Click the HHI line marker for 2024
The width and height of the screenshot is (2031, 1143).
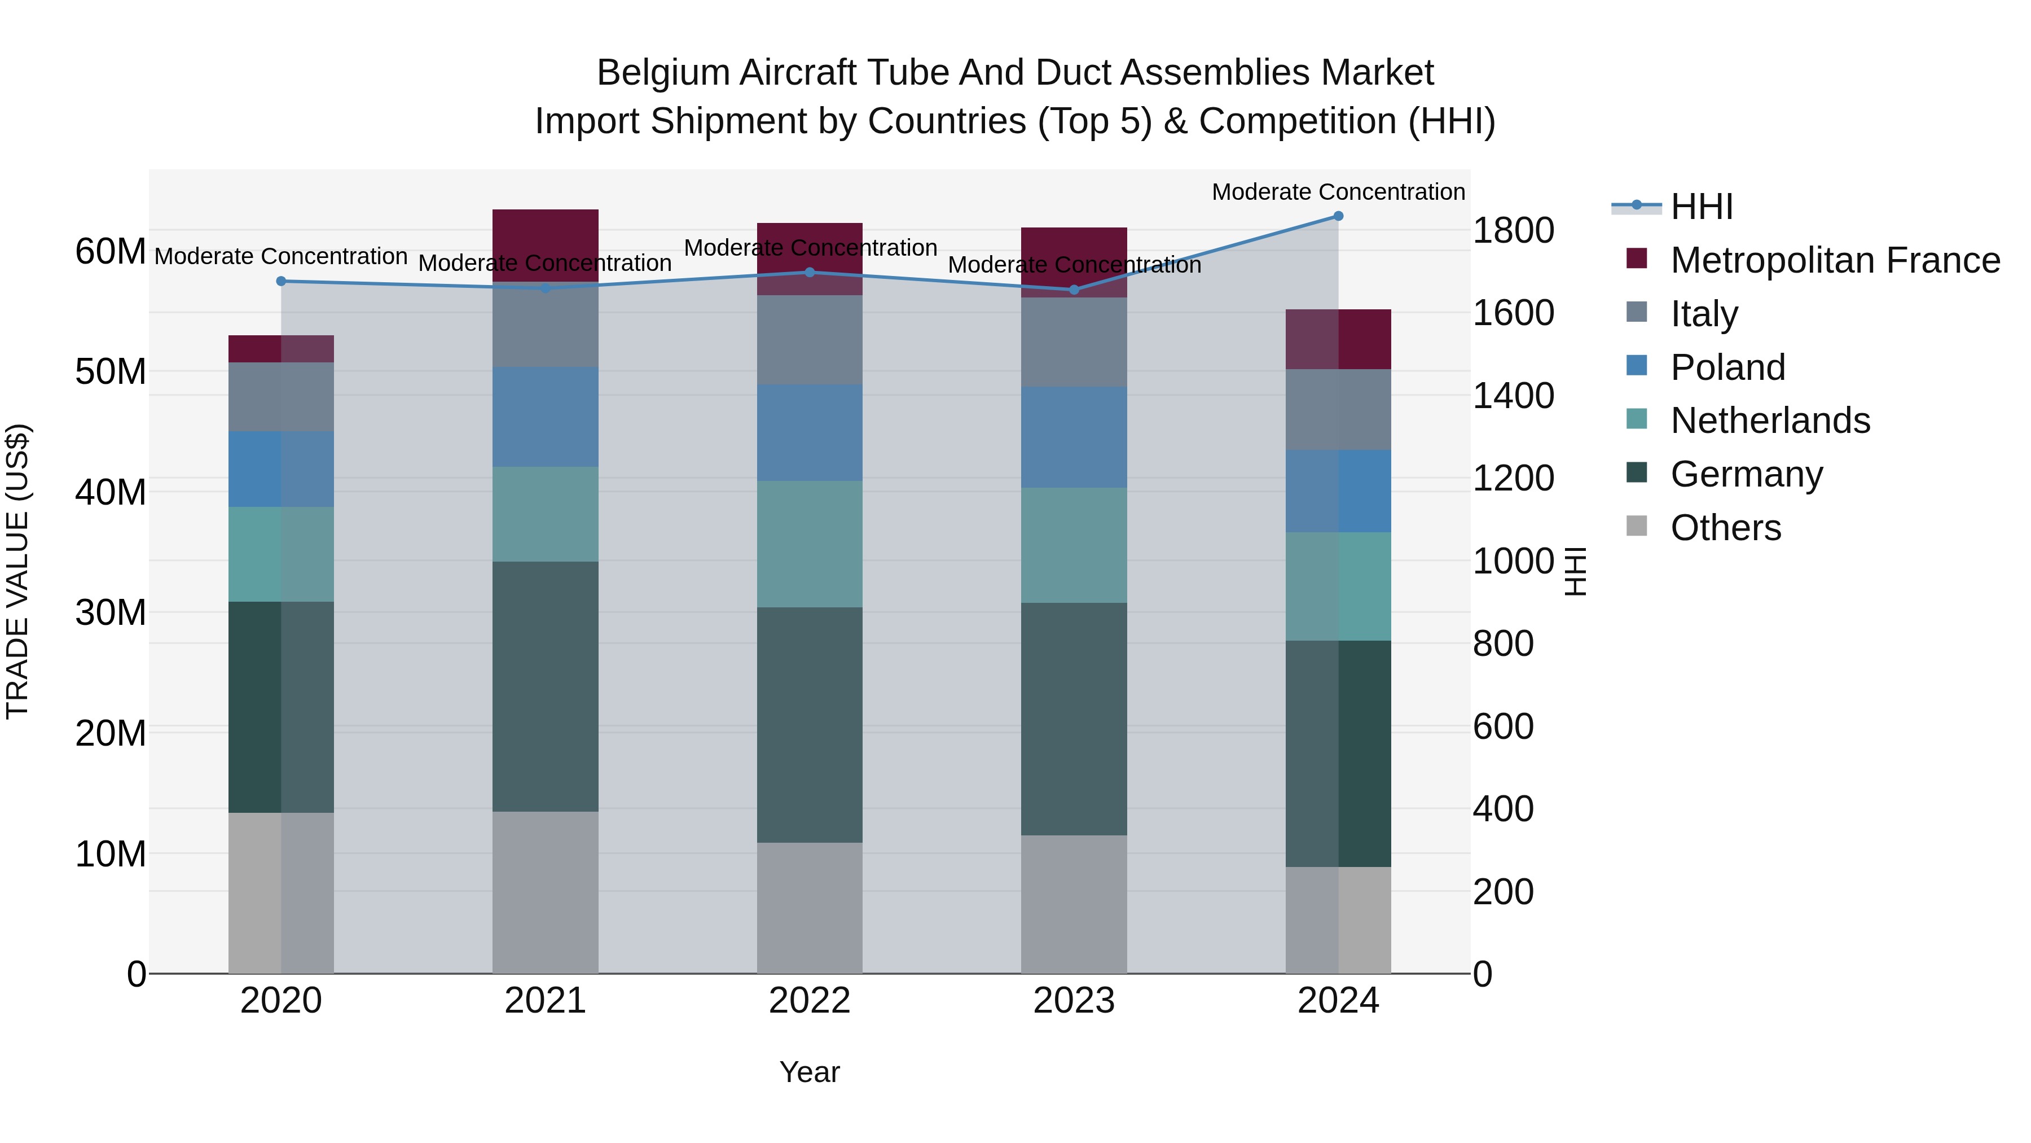click(x=1338, y=216)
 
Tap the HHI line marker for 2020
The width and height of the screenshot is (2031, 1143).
click(x=282, y=282)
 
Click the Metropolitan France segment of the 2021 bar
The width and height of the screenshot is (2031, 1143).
click(x=546, y=244)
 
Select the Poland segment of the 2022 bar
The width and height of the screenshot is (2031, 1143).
click(x=810, y=432)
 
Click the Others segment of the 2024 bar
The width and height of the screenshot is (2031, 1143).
click(x=1338, y=920)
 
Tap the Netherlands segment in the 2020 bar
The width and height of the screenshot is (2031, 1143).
click(x=282, y=554)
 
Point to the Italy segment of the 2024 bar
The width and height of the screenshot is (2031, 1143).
click(x=1338, y=409)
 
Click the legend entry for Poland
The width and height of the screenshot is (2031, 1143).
click(x=1727, y=367)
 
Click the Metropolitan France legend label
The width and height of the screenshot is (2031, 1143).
click(x=1835, y=260)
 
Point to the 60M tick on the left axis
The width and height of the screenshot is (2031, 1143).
click(x=111, y=252)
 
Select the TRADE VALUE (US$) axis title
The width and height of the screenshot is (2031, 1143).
click(x=17, y=571)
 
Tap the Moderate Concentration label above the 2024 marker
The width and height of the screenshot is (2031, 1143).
click(x=1338, y=192)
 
